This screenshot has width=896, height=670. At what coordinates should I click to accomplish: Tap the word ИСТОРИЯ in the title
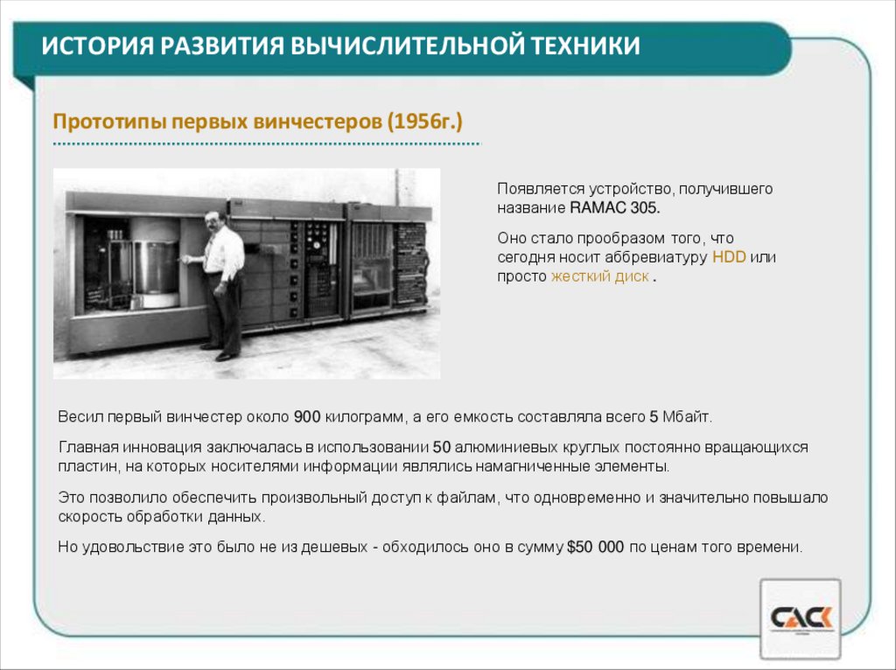[x=90, y=45]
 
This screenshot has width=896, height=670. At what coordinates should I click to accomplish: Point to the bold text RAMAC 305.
[x=616, y=208]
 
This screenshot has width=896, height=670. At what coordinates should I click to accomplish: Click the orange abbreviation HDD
[x=729, y=257]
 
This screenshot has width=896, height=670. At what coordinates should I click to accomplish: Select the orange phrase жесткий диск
[x=599, y=276]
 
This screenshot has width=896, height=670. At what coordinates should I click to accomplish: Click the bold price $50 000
[x=596, y=548]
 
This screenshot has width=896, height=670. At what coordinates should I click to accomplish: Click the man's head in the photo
[x=215, y=220]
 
